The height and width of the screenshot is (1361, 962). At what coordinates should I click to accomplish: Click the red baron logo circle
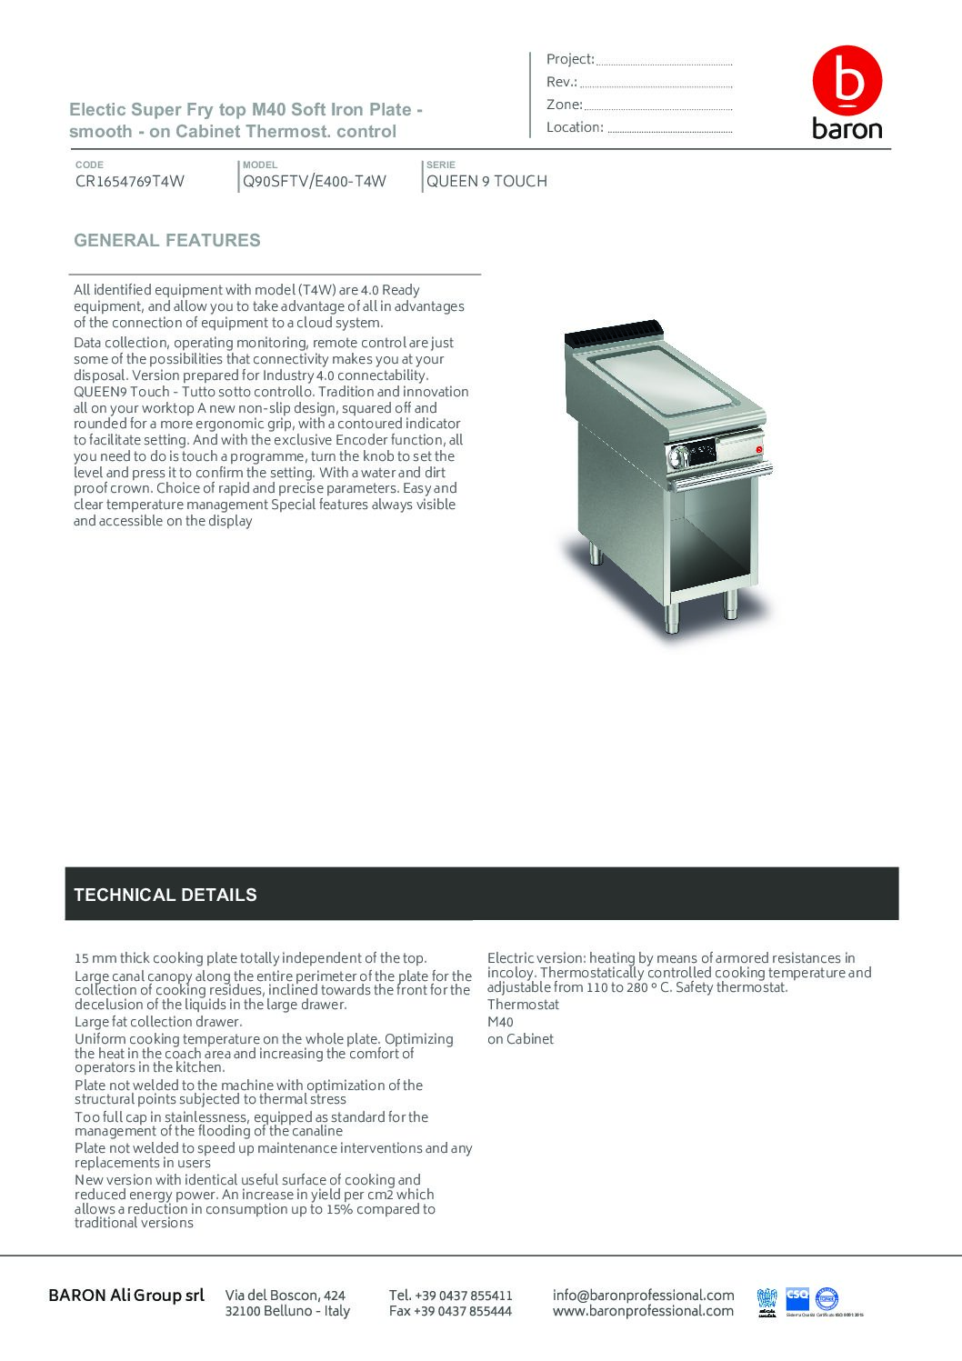pos(847,82)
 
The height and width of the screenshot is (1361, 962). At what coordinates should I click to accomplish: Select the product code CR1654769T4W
pos(130,181)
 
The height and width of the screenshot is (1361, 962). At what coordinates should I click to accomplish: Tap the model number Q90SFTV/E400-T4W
pos(315,181)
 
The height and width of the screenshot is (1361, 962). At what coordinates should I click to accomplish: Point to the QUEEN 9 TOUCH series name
pos(486,181)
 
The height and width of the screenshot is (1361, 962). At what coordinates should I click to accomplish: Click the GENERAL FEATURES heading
pos(167,241)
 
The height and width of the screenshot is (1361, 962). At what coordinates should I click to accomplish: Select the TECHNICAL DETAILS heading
pos(165,895)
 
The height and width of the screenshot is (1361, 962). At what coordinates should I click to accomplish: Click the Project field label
pos(570,59)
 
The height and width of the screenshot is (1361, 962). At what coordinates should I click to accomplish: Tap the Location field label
pos(575,127)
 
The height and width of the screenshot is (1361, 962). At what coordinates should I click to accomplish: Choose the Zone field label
pos(564,105)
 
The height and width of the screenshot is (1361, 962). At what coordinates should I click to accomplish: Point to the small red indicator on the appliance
pos(759,449)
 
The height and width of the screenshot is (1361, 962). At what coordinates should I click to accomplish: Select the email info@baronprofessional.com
pos(643,1295)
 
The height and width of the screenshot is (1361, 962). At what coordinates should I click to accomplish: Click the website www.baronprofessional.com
pos(643,1310)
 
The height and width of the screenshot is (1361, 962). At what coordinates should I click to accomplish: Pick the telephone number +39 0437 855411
pos(450,1295)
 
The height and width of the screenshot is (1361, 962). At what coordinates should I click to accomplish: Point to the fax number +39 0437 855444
pos(450,1311)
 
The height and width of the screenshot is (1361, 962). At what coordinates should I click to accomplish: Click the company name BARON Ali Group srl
pos(126,1295)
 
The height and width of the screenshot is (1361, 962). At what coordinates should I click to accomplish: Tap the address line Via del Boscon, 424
pos(286,1295)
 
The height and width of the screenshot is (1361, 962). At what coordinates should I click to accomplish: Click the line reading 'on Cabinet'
pos(520,1039)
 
